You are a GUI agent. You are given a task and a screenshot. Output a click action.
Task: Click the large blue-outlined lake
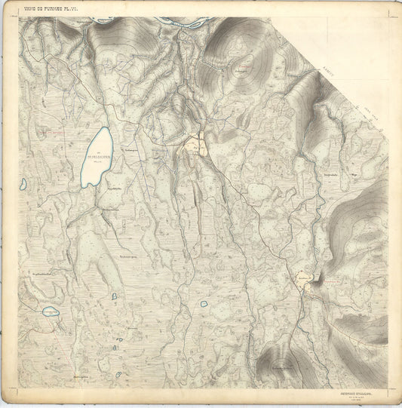(x=98, y=155)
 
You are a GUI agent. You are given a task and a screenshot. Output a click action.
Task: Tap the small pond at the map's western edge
(x=23, y=183)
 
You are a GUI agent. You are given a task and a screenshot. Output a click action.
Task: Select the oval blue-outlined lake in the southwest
(x=50, y=311)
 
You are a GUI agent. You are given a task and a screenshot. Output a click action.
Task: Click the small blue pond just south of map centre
(x=204, y=303)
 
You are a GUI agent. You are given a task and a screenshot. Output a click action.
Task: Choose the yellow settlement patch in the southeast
(x=305, y=281)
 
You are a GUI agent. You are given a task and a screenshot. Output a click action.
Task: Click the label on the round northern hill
(x=241, y=72)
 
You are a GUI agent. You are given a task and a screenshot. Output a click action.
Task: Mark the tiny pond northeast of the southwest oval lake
(x=114, y=296)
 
